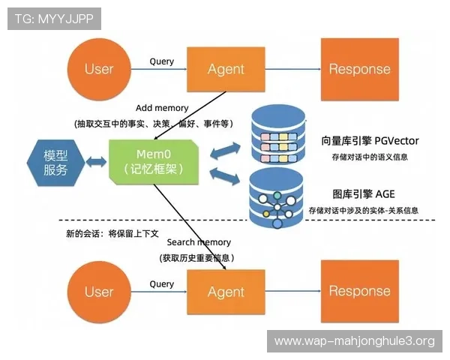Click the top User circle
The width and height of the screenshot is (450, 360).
98,69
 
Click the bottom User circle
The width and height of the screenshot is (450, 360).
98,292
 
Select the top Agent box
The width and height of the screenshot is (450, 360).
226,69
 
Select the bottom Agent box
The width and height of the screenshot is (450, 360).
226,292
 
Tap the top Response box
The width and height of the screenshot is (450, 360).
359,69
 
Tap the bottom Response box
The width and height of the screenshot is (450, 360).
359,292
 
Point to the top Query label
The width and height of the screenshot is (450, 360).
161,61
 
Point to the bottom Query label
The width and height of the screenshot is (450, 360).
161,284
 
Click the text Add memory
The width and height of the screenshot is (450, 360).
162,109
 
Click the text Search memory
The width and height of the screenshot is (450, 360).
199,243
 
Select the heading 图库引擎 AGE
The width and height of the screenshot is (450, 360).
363,193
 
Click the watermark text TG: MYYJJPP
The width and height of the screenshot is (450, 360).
54,19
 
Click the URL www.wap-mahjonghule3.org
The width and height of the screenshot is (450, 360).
354,341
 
